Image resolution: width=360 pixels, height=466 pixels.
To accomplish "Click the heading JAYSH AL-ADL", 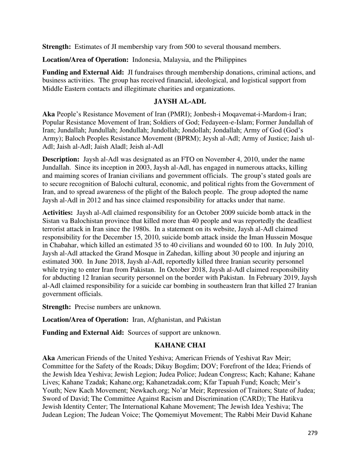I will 180,102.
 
